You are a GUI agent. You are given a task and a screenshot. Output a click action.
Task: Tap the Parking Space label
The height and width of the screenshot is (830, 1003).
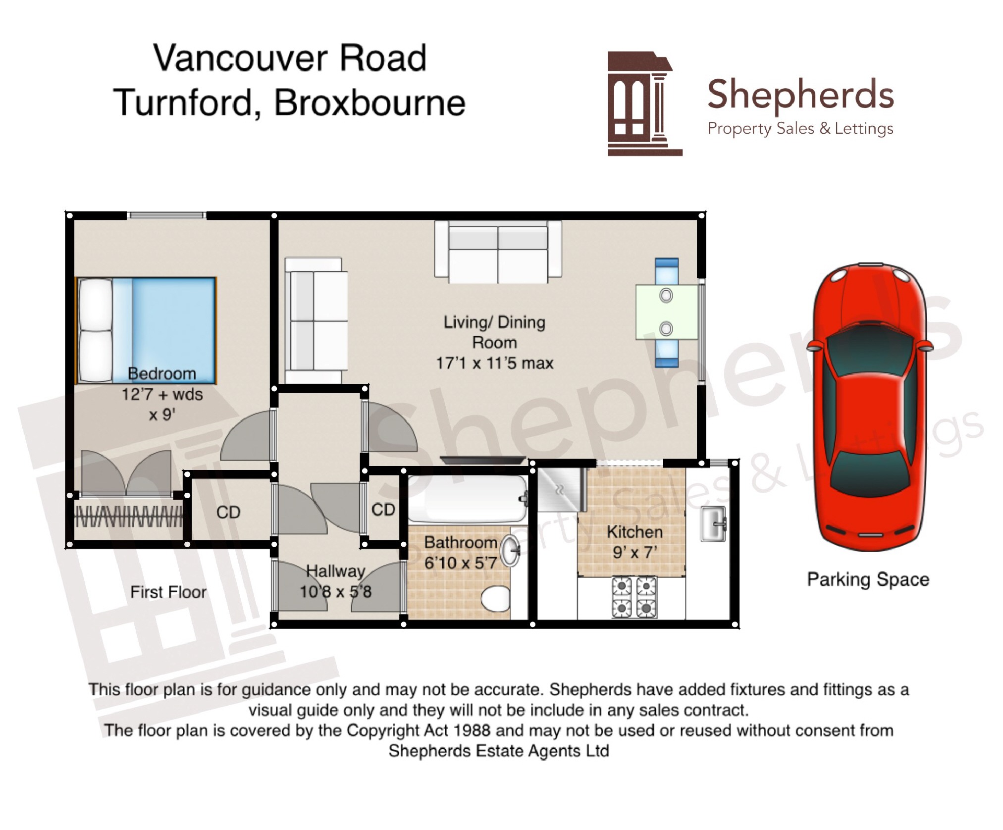(868, 579)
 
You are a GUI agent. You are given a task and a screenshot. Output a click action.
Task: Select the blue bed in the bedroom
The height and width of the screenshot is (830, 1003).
(146, 330)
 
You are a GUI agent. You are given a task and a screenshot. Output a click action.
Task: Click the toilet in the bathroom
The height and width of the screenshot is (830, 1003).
(495, 598)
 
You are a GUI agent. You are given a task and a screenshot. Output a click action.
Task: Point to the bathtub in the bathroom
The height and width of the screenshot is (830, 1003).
(468, 499)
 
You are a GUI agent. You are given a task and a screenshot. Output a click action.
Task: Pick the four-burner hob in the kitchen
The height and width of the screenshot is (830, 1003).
(634, 597)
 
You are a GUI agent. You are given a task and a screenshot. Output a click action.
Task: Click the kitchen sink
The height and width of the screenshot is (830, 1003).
(713, 523)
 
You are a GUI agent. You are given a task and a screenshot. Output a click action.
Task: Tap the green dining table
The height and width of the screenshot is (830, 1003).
(667, 312)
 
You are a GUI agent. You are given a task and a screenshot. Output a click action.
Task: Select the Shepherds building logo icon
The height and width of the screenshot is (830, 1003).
(644, 104)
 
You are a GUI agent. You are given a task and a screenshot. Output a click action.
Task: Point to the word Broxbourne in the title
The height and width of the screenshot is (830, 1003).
(370, 103)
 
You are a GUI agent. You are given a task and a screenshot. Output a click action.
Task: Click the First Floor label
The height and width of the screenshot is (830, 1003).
(168, 592)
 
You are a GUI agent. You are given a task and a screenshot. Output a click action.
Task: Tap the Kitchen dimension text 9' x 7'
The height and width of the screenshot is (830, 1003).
(635, 552)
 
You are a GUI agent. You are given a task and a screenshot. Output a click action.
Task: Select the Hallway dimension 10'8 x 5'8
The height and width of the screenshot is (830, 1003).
(335, 591)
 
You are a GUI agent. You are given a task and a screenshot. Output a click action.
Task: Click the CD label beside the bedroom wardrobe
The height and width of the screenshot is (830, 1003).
(228, 512)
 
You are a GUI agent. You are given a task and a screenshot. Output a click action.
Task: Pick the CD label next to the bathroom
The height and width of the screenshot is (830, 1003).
(383, 510)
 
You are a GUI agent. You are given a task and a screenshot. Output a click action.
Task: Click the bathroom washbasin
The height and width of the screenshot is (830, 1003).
(511, 551)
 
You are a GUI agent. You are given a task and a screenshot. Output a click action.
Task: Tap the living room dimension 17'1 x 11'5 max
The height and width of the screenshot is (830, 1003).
(494, 363)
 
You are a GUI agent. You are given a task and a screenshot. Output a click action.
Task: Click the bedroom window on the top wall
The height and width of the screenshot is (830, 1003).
(166, 215)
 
